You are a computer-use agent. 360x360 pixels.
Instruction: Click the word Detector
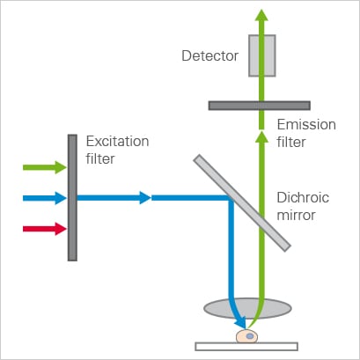coord(210,55)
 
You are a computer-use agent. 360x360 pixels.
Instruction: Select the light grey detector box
coord(262,55)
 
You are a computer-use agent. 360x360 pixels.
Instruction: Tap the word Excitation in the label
coord(117,142)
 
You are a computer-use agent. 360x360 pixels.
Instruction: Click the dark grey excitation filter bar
coord(72,198)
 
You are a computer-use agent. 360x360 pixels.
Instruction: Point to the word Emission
coord(306,125)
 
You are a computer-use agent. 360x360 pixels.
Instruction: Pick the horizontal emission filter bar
coord(260,106)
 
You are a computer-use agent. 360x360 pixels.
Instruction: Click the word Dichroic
coord(303,197)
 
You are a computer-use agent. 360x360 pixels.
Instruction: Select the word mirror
coord(296,215)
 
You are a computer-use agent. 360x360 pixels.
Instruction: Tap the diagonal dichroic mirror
coord(242,203)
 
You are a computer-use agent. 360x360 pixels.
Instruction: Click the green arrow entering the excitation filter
coord(45,167)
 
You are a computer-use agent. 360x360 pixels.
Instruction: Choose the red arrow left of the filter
coord(45,229)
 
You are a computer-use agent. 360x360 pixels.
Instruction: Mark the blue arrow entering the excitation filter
coord(45,198)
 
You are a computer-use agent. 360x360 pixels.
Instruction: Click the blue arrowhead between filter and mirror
coord(145,198)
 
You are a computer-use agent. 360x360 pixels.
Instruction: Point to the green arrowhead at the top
coord(261,15)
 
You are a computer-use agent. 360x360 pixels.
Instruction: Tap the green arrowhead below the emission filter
coord(261,137)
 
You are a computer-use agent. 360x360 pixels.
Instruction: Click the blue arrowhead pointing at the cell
coord(240,323)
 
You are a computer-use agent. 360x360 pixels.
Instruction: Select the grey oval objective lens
coord(247,308)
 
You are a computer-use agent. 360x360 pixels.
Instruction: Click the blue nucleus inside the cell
coord(250,336)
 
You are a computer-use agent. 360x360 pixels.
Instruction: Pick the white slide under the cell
coord(246,347)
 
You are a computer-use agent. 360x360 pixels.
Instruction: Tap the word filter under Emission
coord(291,142)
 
